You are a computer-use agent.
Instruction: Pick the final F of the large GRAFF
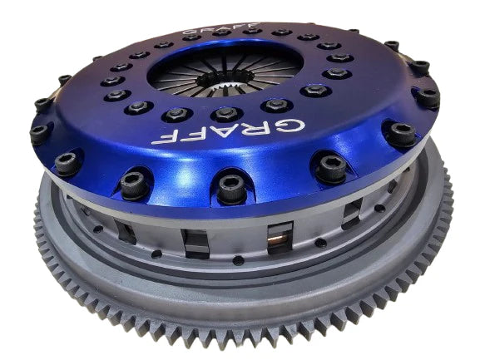coord(161,136)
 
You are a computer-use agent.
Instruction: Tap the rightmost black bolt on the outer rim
coord(427,97)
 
